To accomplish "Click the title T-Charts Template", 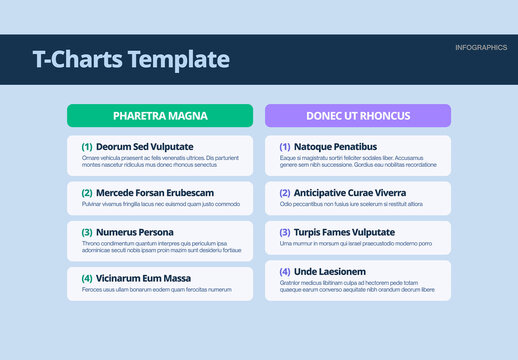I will (x=131, y=60).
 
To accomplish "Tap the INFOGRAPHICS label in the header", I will (x=480, y=48).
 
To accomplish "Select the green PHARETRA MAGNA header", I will (x=160, y=116).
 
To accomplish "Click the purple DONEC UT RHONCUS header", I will (x=358, y=116).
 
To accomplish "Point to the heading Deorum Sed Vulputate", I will (x=145, y=147).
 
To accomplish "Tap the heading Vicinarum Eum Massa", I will (x=143, y=278).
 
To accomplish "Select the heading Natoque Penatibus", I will (x=335, y=147).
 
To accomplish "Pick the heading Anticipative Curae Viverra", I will (x=350, y=193).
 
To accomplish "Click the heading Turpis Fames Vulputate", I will (x=344, y=232).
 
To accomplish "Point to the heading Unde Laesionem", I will (x=330, y=271).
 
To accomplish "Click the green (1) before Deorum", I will (x=87, y=147).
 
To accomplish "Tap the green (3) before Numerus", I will (x=87, y=233).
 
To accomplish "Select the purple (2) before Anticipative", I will (x=285, y=193).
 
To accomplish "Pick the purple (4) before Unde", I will (x=285, y=271).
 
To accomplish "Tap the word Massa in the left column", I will (x=175, y=278).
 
